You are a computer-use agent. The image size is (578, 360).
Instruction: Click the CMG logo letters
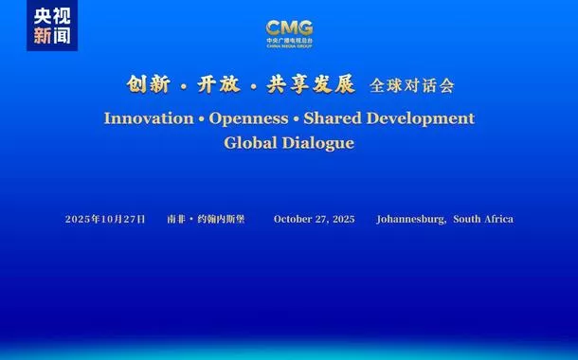point(289,28)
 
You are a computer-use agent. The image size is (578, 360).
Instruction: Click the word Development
point(426,118)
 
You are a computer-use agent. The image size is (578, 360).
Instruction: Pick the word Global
point(248,143)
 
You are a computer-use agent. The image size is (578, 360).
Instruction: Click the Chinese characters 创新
point(148,85)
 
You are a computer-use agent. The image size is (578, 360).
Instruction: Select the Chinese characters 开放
point(220,85)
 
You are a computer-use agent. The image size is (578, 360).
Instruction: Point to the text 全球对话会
point(412,86)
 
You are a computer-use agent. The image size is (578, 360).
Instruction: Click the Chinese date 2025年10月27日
point(105,219)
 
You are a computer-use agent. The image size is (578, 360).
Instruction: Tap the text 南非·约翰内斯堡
point(205,219)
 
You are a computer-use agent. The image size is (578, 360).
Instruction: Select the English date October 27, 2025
point(315,219)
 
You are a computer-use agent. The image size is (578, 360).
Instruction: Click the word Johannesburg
point(410,219)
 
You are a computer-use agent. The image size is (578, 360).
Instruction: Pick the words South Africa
point(483,219)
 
